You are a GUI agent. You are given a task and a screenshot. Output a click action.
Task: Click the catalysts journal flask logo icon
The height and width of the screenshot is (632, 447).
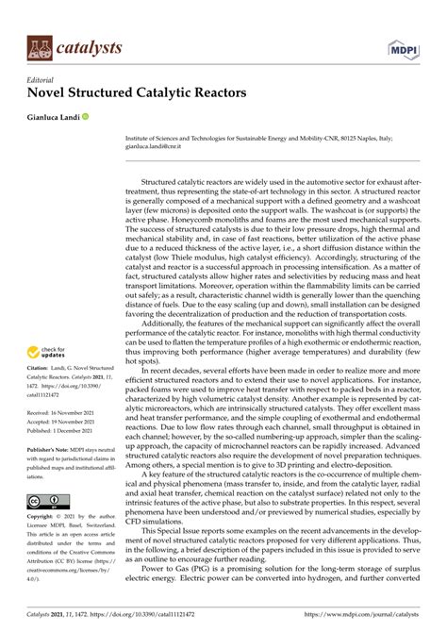(39, 46)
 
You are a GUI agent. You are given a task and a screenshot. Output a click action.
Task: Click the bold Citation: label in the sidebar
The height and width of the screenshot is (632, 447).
(40, 369)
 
